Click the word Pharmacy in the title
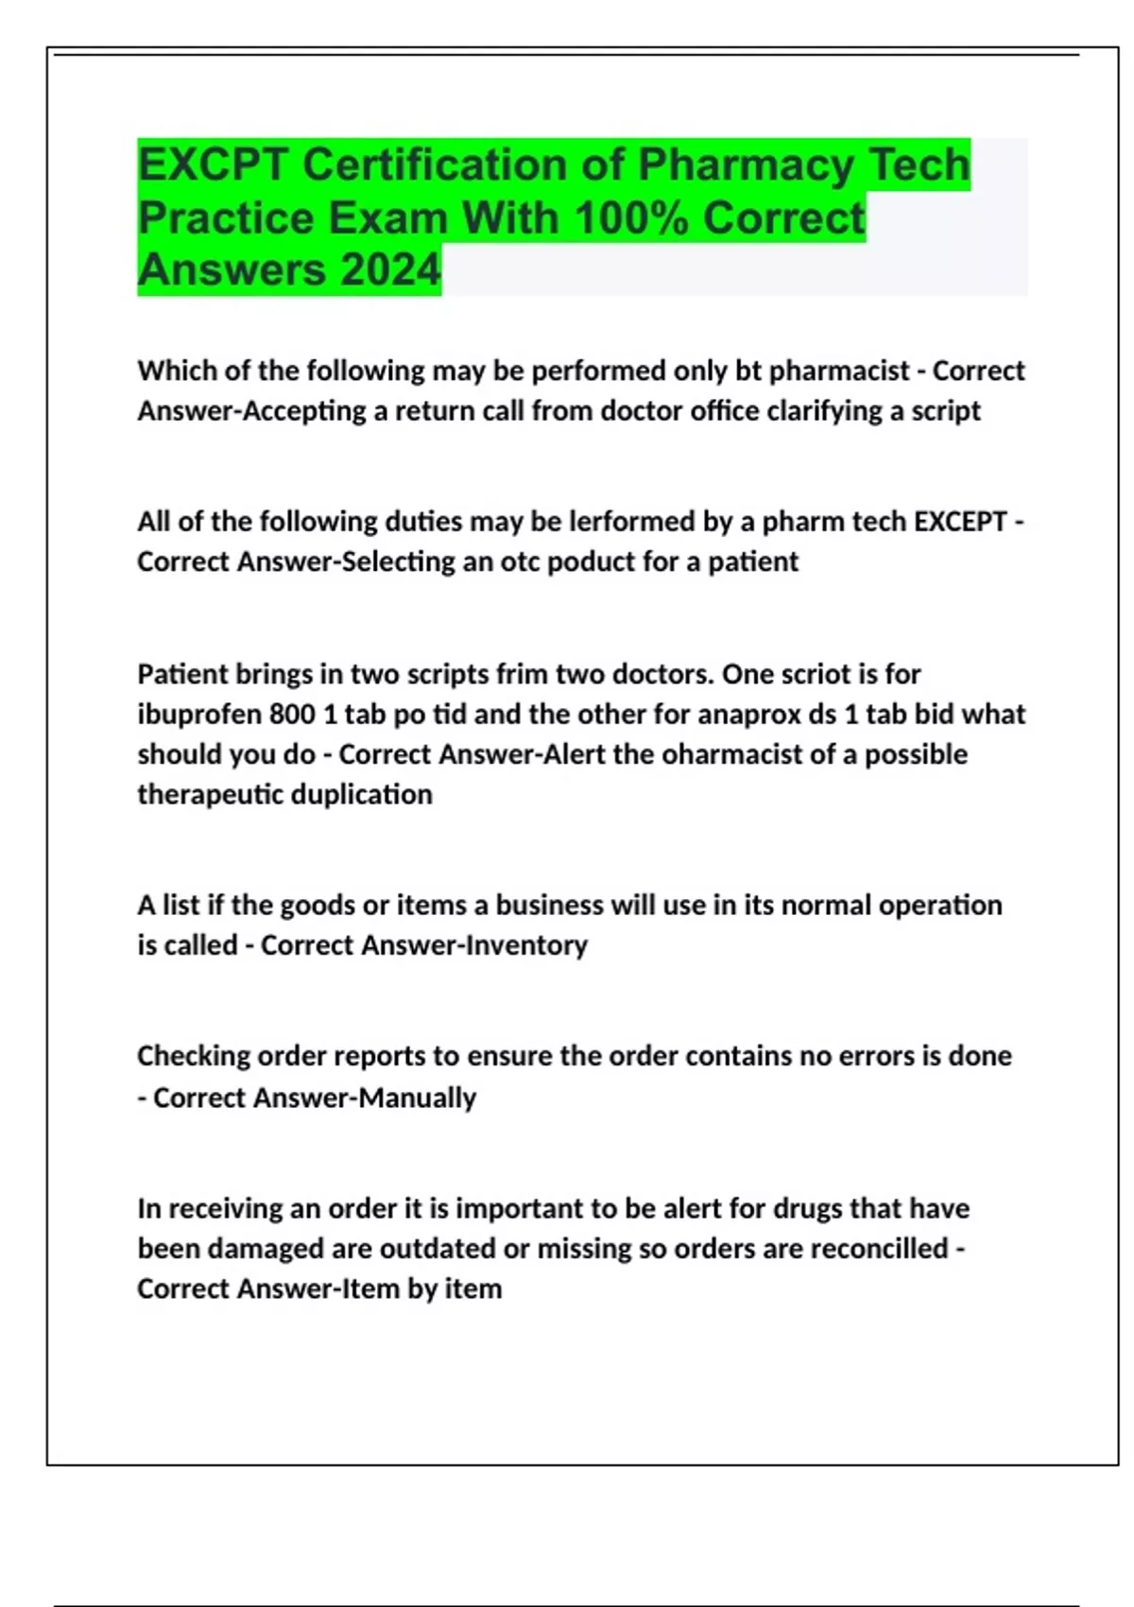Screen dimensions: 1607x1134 coord(747,165)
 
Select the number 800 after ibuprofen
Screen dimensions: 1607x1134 coord(292,714)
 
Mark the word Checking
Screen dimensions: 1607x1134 coord(193,1056)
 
